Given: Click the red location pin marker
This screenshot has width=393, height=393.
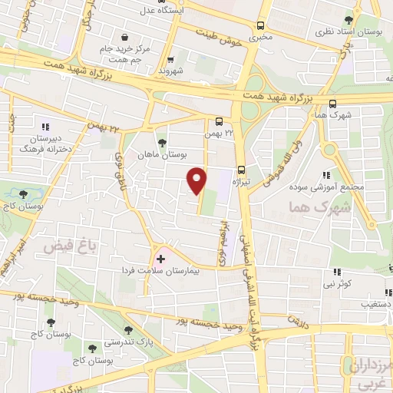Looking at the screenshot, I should [198, 180].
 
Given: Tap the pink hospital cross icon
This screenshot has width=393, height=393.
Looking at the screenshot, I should [160, 259].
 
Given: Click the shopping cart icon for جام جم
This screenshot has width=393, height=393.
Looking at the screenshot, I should [124, 37].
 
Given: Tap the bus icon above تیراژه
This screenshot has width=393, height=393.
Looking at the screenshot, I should [241, 170].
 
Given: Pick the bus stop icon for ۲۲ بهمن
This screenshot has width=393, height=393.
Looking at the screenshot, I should [220, 121].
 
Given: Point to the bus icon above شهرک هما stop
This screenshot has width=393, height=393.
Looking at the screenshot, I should [332, 104].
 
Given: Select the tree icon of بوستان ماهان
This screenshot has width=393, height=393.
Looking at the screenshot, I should [161, 142].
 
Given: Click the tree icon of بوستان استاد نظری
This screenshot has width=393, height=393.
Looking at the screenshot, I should [349, 20].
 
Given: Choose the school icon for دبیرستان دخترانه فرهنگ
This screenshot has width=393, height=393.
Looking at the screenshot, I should [45, 127].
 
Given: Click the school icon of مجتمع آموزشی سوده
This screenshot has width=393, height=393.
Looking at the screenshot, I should [327, 175].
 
